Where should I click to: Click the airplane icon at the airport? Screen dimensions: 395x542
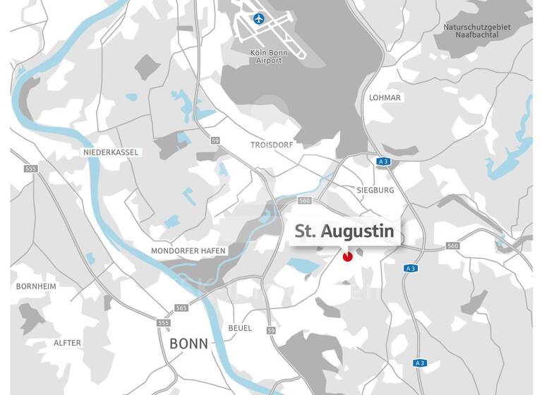click(258, 18)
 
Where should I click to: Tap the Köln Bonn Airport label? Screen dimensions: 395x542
click(269, 56)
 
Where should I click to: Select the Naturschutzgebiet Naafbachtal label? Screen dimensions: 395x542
click(476, 31)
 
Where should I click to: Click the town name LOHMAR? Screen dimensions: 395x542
click(385, 97)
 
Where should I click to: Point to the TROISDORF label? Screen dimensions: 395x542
click(271, 145)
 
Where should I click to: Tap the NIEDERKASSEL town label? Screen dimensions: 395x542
click(112, 152)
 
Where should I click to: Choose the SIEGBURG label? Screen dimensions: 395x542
click(375, 190)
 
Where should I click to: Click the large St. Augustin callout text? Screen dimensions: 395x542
click(344, 231)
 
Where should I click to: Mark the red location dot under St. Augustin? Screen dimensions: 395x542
click(347, 257)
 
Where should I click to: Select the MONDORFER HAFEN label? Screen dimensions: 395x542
click(188, 250)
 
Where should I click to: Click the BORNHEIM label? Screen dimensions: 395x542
click(36, 286)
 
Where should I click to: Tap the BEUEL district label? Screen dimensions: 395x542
click(240, 328)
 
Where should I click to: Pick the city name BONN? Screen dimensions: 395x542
click(189, 344)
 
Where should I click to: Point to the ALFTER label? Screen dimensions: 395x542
click(68, 343)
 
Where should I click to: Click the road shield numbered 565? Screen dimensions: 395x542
click(181, 308)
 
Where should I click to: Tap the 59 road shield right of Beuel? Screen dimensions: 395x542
click(271, 330)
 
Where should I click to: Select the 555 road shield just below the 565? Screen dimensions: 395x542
click(164, 323)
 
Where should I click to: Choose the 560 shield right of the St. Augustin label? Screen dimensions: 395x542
click(452, 246)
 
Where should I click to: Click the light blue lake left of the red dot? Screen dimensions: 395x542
click(303, 265)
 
